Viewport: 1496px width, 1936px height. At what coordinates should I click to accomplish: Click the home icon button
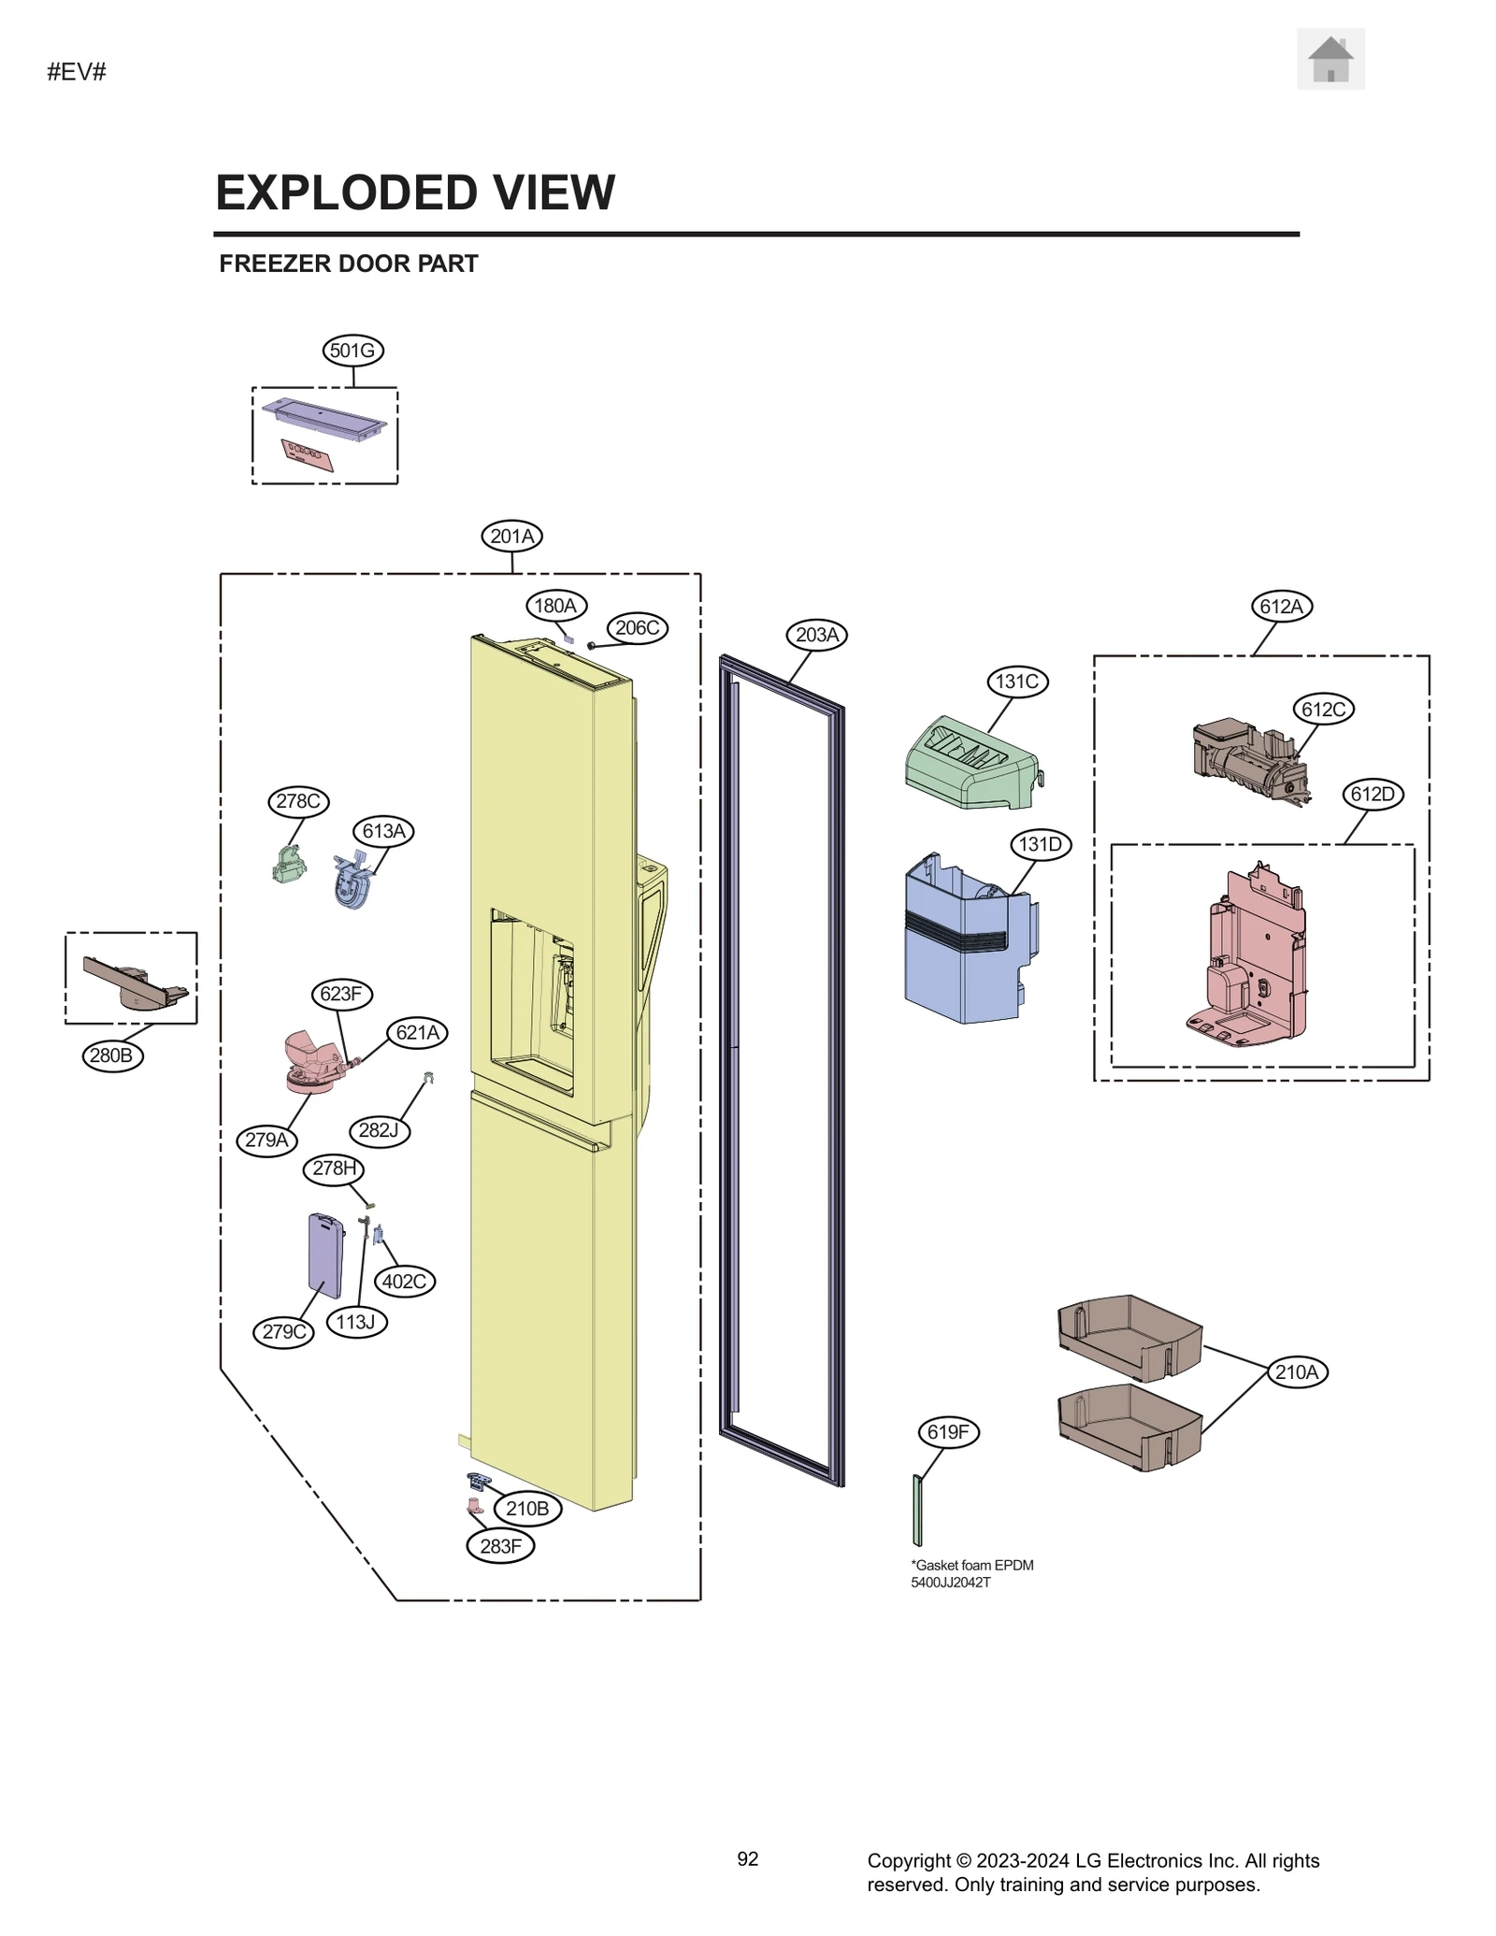(1330, 60)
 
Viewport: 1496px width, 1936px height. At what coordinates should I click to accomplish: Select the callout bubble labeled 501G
(352, 351)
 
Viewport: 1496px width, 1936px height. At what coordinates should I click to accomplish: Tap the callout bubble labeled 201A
(511, 537)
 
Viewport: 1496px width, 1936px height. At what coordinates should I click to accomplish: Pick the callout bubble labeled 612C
(1323, 710)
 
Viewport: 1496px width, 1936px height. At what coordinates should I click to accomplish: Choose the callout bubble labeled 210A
(1297, 1372)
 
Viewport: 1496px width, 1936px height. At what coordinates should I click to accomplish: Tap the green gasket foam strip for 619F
(917, 1511)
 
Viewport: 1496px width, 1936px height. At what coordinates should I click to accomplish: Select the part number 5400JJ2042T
(950, 1583)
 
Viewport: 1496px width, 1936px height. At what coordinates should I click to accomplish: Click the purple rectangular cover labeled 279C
(324, 1255)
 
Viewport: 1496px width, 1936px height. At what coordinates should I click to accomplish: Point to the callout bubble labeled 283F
(500, 1546)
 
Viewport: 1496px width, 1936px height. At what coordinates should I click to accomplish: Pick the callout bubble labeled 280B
(111, 1056)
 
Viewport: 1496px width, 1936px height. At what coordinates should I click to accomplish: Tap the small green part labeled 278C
(289, 865)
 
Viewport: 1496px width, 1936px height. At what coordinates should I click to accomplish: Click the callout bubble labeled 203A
(817, 635)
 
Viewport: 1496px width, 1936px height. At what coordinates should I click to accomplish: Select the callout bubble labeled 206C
(638, 628)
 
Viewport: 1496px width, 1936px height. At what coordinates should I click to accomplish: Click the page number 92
(747, 1859)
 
